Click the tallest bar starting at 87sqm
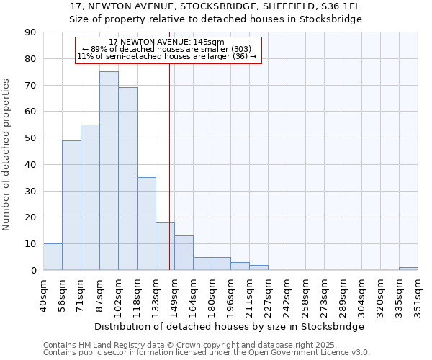pyautogui.click(x=109, y=171)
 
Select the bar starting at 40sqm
pyautogui.click(x=53, y=257)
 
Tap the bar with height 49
pyautogui.click(x=71, y=205)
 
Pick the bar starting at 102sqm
pyautogui.click(x=127, y=179)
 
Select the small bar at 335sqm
pyautogui.click(x=408, y=269)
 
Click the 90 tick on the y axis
pyautogui.click(x=31, y=32)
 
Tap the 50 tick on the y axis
pyautogui.click(x=31, y=138)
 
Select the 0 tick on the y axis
pyautogui.click(x=34, y=270)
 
